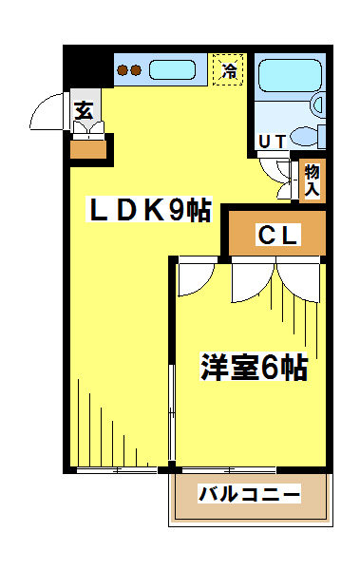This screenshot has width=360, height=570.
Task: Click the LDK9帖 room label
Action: [x=149, y=209]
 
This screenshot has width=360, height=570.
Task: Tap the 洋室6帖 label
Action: [x=254, y=367]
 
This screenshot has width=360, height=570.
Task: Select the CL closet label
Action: [x=277, y=235]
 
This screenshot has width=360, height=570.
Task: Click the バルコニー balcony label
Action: [x=249, y=493]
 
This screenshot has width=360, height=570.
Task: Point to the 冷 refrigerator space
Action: [x=228, y=69]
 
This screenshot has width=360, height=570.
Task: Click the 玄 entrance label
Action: [x=84, y=110]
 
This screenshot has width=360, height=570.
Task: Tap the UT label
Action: [x=272, y=142]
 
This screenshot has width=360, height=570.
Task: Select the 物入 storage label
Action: [x=312, y=180]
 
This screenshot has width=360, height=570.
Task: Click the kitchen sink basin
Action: [x=172, y=69]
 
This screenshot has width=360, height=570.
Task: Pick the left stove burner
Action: [x=123, y=70]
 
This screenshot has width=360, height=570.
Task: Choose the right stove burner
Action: [x=135, y=70]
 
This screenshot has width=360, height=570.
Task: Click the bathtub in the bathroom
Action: [x=290, y=75]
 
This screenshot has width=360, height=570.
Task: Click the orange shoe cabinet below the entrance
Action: [x=88, y=149]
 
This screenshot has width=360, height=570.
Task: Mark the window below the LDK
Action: [x=117, y=470]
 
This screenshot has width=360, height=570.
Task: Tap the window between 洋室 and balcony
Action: [x=228, y=470]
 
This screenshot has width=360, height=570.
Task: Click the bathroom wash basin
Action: [x=318, y=104]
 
